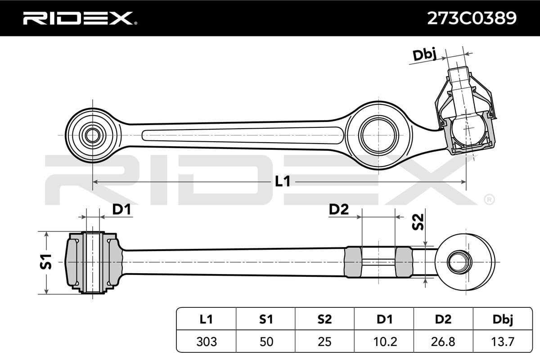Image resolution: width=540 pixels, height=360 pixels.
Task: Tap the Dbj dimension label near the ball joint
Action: pyautogui.click(x=425, y=55)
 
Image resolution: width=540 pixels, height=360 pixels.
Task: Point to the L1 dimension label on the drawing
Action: pyautogui.click(x=282, y=181)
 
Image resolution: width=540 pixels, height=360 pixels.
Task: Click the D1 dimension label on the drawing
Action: pyautogui.click(x=121, y=209)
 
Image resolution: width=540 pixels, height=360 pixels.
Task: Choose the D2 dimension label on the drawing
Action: pyautogui.click(x=339, y=209)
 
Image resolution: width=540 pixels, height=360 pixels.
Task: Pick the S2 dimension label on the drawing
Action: pyautogui.click(x=418, y=222)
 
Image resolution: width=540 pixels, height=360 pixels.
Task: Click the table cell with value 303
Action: pyautogui.click(x=206, y=342)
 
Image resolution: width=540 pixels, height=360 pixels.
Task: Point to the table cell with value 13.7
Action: pyautogui.click(x=502, y=342)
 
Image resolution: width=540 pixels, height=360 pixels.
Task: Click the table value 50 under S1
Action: pyautogui.click(x=265, y=342)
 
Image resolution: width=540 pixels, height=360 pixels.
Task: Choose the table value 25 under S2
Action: pyautogui.click(x=324, y=342)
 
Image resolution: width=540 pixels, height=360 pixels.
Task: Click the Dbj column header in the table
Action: pyautogui.click(x=502, y=319)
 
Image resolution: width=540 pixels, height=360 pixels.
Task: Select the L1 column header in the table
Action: pyautogui.click(x=206, y=319)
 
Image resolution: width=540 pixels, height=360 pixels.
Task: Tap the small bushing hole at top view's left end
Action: pyautogui.click(x=93, y=135)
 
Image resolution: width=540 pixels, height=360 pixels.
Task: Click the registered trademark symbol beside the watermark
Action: pyautogui.click(x=488, y=198)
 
